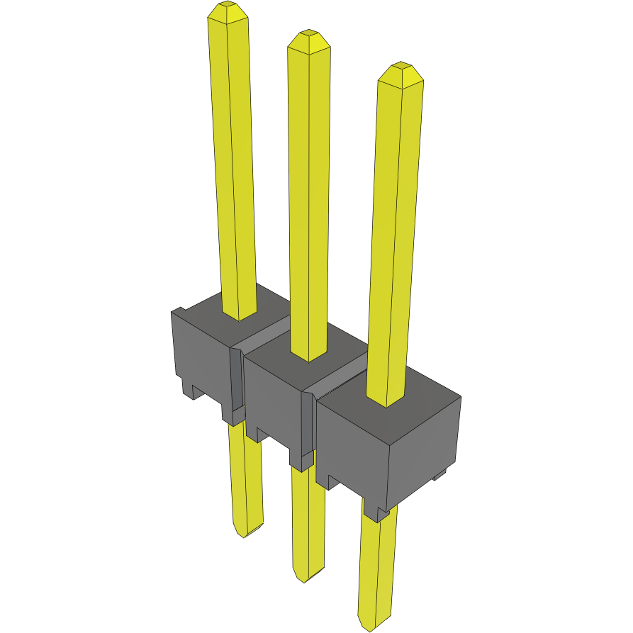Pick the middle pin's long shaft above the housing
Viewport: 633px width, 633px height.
[x=308, y=198]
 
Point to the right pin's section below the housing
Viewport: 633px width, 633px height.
[x=376, y=567]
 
